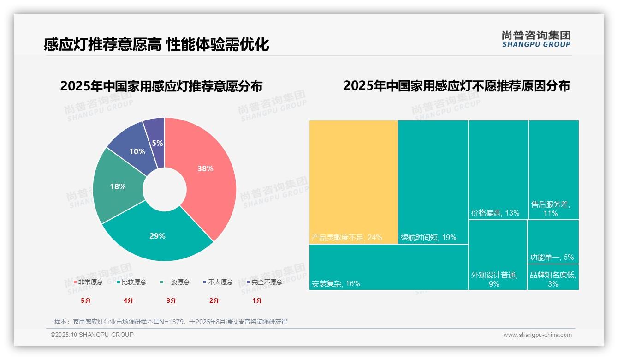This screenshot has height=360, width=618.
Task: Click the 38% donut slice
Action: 205,169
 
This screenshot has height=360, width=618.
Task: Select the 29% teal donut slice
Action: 157,235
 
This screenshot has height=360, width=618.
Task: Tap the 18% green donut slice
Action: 118,186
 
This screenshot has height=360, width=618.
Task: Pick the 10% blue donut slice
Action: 137,151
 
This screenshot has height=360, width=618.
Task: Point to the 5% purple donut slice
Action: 157,143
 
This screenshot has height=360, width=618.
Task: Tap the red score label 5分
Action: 86,300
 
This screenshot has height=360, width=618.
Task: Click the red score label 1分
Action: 257,300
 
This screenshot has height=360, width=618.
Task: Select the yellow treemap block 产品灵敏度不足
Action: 353,182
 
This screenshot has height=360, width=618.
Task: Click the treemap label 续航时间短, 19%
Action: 428,238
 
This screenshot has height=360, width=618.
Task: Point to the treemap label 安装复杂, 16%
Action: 336,283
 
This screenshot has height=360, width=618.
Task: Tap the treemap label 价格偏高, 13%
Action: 495,213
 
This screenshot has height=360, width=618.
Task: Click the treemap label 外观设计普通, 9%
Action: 494,279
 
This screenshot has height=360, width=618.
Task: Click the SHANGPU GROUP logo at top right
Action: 536,39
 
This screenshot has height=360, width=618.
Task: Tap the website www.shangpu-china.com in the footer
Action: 537,335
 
